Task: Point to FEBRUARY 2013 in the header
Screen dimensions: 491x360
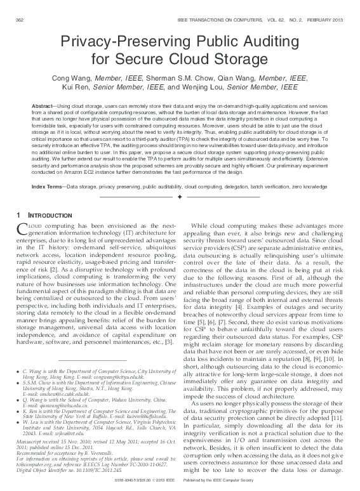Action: [x=326, y=21]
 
